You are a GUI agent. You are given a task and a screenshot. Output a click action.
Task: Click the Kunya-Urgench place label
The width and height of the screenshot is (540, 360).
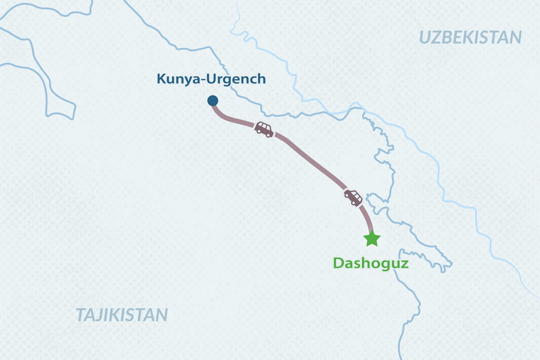[x=211, y=79]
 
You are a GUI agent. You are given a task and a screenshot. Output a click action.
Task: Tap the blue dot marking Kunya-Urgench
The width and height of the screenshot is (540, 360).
[x=212, y=101]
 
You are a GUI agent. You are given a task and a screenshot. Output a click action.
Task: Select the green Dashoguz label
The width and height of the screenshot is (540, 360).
[x=371, y=263]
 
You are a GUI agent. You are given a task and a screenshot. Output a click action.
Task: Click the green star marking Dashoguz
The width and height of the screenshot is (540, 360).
[x=372, y=239]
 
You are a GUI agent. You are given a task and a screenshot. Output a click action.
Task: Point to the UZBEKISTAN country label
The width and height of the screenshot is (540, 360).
[x=470, y=37]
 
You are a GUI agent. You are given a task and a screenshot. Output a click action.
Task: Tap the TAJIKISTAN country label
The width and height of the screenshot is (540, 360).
[x=122, y=315]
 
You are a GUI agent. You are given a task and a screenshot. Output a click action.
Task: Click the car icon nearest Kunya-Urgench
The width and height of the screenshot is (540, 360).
[x=263, y=129]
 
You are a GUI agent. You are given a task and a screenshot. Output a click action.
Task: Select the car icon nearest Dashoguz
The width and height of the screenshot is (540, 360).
[x=353, y=197]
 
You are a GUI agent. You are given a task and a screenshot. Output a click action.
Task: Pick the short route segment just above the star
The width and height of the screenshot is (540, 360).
[x=368, y=219]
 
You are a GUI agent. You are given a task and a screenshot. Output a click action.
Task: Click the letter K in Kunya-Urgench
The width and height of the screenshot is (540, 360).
[x=161, y=79]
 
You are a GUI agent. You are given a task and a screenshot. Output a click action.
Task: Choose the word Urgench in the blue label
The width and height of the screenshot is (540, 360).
[x=236, y=79]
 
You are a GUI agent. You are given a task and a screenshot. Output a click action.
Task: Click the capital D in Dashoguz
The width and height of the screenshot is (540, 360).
[x=338, y=263]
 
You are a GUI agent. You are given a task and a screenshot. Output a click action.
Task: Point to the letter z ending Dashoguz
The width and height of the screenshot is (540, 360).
[x=405, y=263]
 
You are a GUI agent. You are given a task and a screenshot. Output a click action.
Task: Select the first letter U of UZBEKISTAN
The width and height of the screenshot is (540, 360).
[x=425, y=37]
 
